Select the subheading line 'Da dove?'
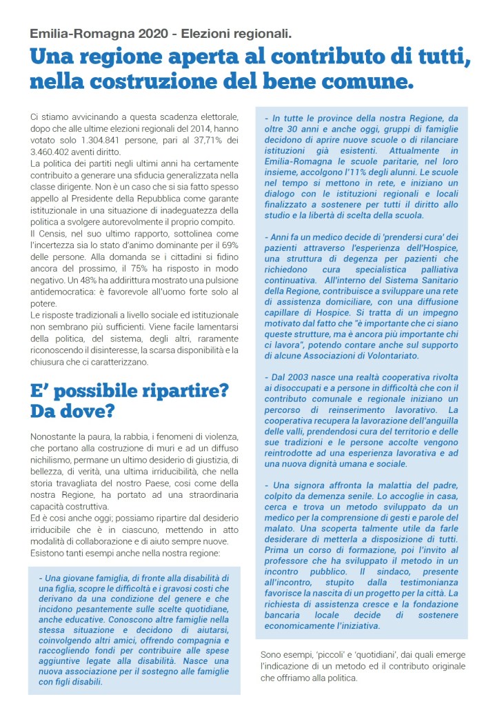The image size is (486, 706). (x=72, y=412)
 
